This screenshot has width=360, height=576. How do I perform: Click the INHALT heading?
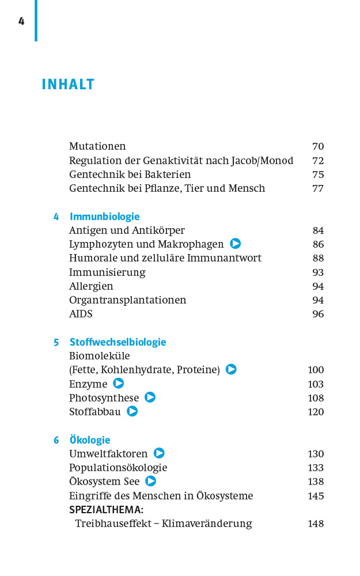(68, 85)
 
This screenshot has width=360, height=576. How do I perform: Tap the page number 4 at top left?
(21, 21)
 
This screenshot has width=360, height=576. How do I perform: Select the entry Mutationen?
(97, 146)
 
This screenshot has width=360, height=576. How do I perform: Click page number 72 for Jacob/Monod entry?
(318, 161)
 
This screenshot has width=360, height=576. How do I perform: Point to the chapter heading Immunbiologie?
(105, 217)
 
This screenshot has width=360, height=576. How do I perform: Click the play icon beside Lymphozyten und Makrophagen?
(235, 244)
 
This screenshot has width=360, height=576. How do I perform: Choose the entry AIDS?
(81, 314)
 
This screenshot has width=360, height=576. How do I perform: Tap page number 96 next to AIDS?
(318, 314)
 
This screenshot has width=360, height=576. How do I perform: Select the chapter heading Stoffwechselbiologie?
(118, 342)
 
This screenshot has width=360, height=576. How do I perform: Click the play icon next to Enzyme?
(119, 384)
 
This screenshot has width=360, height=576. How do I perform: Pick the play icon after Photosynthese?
(150, 397)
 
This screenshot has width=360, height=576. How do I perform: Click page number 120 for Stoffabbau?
(316, 412)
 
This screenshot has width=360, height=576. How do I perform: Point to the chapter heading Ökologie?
(90, 440)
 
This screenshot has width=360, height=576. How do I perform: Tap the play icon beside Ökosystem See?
(151, 481)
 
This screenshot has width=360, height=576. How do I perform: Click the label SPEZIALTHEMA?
(106, 510)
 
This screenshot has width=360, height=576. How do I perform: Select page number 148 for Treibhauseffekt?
(316, 524)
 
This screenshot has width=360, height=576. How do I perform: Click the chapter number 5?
(56, 342)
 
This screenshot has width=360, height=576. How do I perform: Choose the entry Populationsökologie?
(118, 468)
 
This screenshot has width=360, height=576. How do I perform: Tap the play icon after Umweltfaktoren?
(159, 453)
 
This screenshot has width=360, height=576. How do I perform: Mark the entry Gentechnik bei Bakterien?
(130, 175)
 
